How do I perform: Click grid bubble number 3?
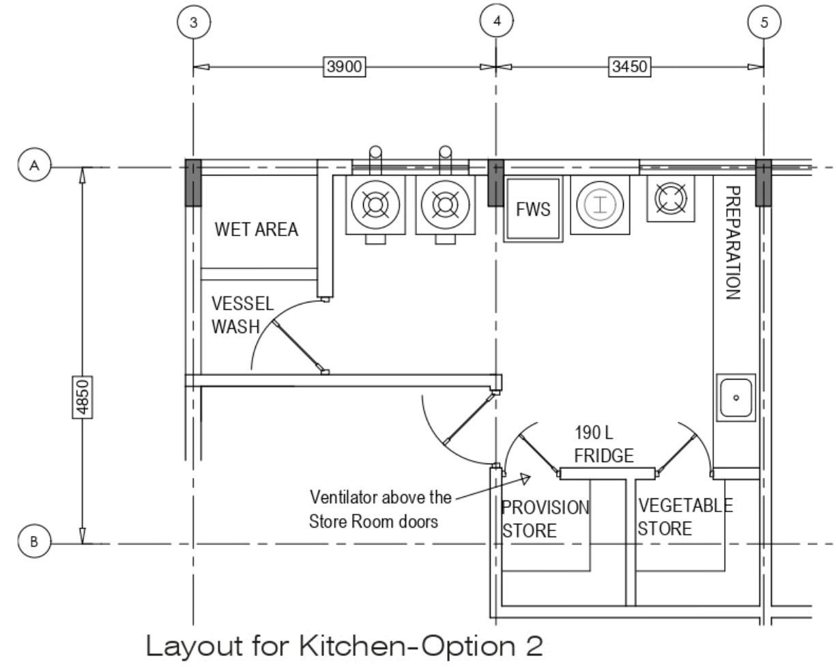[194, 23]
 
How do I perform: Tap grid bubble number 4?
[497, 21]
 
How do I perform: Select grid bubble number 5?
[764, 22]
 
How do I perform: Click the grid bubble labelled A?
[34, 166]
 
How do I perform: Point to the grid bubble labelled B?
[34, 543]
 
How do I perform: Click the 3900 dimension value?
[345, 67]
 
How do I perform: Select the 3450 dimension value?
[629, 67]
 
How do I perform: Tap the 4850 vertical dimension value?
[83, 397]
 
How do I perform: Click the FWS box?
[533, 209]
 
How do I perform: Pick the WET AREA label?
[257, 229]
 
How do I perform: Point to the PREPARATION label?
[732, 242]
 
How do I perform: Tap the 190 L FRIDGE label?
[603, 444]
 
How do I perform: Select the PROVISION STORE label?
[545, 518]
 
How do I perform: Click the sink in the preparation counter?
[736, 397]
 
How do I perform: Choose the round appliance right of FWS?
[600, 204]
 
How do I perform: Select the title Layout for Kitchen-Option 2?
[345, 645]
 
